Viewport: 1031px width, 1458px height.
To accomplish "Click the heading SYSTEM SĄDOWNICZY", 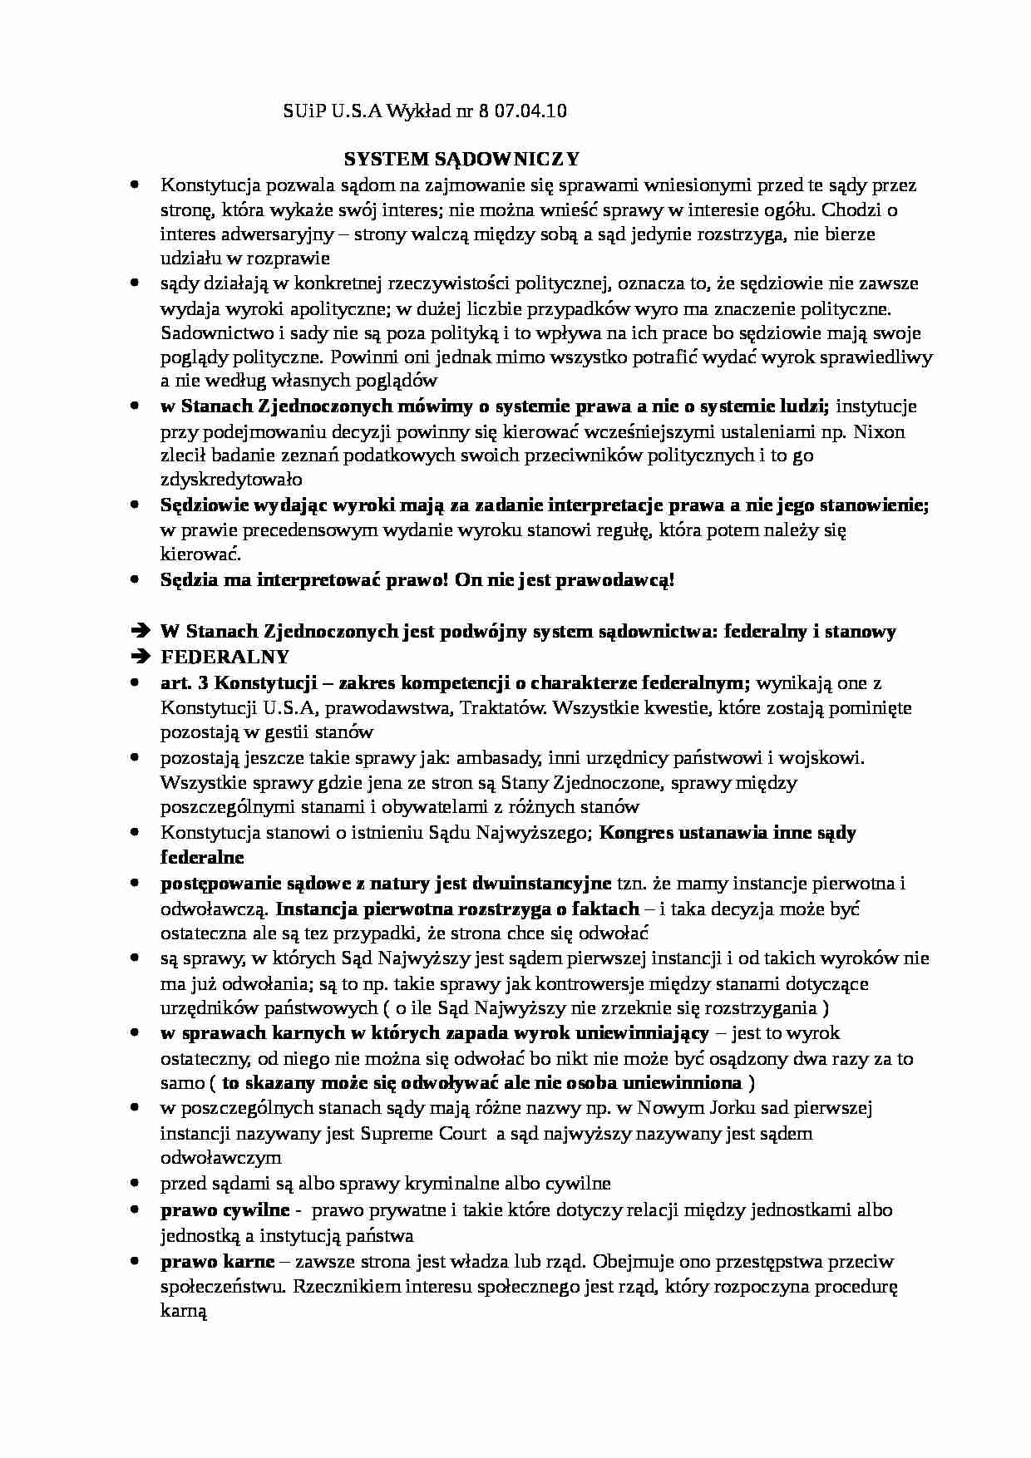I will tap(462, 159).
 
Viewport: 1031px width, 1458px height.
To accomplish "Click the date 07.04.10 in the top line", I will tap(530, 111).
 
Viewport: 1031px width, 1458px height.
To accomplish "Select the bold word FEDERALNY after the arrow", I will tap(224, 657).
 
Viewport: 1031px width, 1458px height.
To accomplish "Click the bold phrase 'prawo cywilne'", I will tap(225, 1210).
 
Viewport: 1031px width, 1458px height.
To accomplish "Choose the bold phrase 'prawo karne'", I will tap(217, 1262).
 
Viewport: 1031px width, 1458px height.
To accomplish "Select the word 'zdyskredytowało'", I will tap(231, 480).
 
